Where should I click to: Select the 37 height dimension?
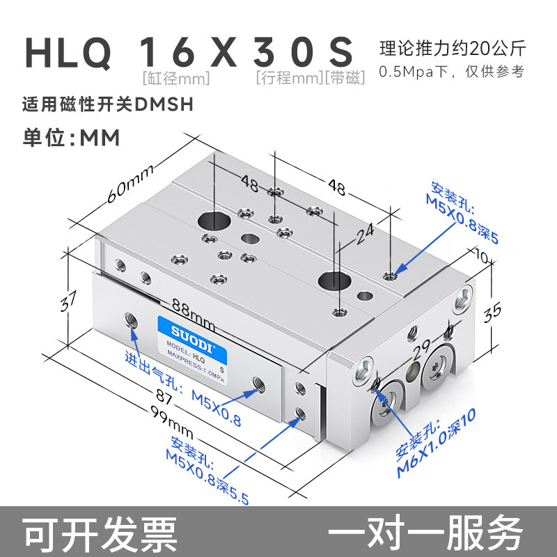click(68, 301)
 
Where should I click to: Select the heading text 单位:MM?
click(71, 137)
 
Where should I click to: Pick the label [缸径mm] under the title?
click(175, 78)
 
